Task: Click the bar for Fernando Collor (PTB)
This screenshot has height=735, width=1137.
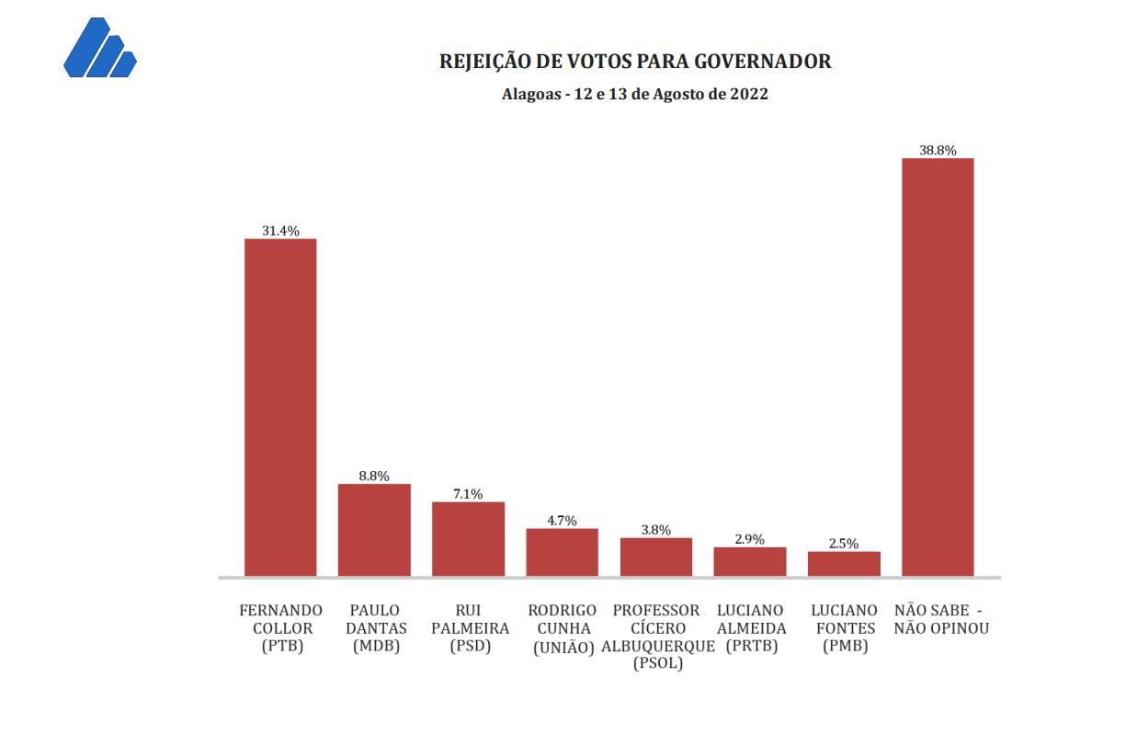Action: [280, 408]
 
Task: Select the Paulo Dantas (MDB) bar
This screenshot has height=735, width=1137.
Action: [374, 530]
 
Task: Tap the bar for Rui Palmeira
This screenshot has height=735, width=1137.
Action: [468, 539]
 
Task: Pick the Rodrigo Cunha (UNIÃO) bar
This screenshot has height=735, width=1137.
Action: [562, 552]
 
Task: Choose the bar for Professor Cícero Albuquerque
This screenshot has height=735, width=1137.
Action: [656, 557]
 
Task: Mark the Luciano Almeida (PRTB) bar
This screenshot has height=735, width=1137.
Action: [750, 561]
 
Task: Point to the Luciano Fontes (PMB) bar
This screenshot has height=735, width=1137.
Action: [844, 564]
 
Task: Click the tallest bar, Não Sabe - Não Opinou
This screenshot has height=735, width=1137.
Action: [938, 367]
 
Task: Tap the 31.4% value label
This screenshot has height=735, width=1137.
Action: [280, 231]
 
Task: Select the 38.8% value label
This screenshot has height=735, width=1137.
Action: [938, 150]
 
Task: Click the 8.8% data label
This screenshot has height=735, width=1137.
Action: [374, 476]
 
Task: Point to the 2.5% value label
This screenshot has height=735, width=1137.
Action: [844, 544]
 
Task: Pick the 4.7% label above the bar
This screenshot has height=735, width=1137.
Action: [562, 521]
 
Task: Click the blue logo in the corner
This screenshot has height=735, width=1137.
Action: [99, 48]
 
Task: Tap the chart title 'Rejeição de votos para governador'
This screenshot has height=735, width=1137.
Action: [635, 62]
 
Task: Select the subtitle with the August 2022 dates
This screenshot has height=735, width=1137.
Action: [635, 94]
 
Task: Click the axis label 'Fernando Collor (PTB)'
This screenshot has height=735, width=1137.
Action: [281, 628]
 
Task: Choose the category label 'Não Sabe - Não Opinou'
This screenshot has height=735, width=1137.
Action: [940, 619]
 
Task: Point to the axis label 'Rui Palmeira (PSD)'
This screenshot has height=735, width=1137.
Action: [470, 628]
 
